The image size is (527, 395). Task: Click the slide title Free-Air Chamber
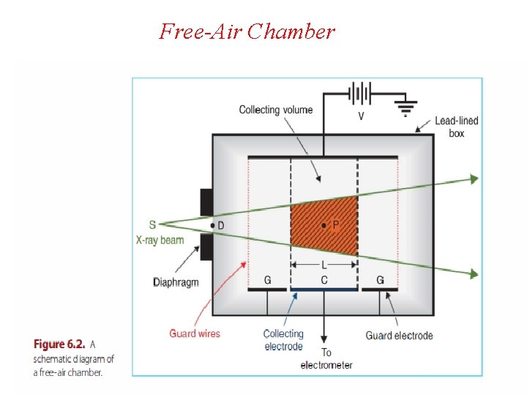pyautogui.click(x=247, y=31)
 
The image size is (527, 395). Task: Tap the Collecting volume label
pyautogui.click(x=275, y=110)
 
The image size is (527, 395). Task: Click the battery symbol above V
pyautogui.click(x=359, y=94)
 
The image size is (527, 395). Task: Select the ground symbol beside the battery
pyautogui.click(x=403, y=108)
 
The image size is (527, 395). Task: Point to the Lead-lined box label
pyautogui.click(x=457, y=127)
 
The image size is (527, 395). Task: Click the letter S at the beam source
pyautogui.click(x=152, y=225)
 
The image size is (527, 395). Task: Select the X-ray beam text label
pyautogui.click(x=160, y=240)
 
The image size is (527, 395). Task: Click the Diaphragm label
pyautogui.click(x=176, y=282)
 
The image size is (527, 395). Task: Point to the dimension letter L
pyautogui.click(x=324, y=265)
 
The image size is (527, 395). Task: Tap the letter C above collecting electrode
pyautogui.click(x=324, y=280)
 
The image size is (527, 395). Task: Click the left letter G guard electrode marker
pyautogui.click(x=268, y=280)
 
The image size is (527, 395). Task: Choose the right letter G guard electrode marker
pyautogui.click(x=380, y=280)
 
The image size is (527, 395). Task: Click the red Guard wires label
pyautogui.click(x=194, y=334)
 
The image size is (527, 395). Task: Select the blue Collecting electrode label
pyautogui.click(x=283, y=340)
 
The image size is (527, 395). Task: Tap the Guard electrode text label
pyautogui.click(x=399, y=336)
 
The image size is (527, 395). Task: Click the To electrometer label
pyautogui.click(x=326, y=359)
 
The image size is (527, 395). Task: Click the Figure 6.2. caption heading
pyautogui.click(x=59, y=344)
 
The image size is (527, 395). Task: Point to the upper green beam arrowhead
pyautogui.click(x=474, y=178)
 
